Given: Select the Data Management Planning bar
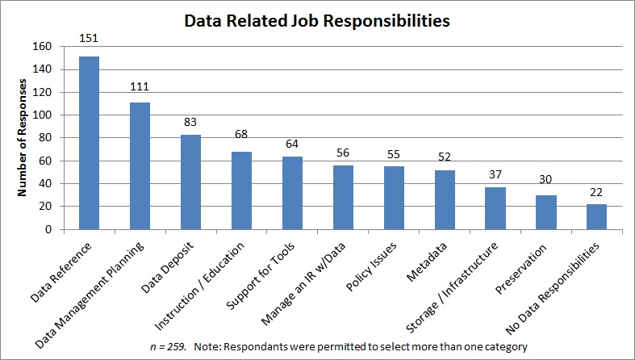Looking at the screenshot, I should pyautogui.click(x=139, y=165).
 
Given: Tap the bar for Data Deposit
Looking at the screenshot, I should pyautogui.click(x=190, y=182).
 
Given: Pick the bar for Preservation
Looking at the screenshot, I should pyautogui.click(x=545, y=211).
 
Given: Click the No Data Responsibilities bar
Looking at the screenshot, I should pyautogui.click(x=596, y=216).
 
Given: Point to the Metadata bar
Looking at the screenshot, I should pyautogui.click(x=444, y=199).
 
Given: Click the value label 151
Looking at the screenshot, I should pyautogui.click(x=88, y=37).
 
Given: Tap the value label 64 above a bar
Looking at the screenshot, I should pyautogui.click(x=291, y=144).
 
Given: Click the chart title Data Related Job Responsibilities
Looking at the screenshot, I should pyautogui.click(x=317, y=21).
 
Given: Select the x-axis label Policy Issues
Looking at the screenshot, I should pyautogui.click(x=382, y=266).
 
